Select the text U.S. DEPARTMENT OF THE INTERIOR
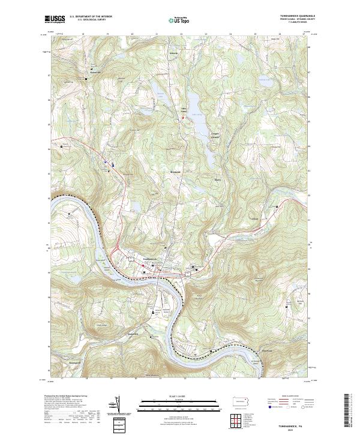91,16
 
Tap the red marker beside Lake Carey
184,118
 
